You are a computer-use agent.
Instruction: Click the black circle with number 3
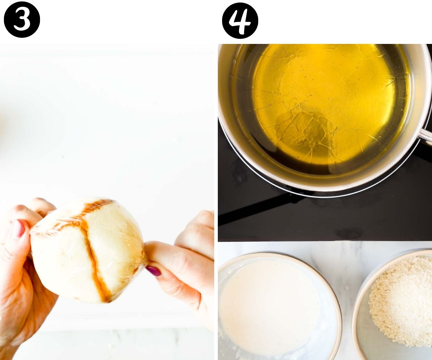[22, 20]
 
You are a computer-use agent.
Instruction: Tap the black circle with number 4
[240, 21]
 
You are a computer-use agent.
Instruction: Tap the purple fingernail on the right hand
[153, 271]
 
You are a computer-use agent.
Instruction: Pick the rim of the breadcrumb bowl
[356, 310]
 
